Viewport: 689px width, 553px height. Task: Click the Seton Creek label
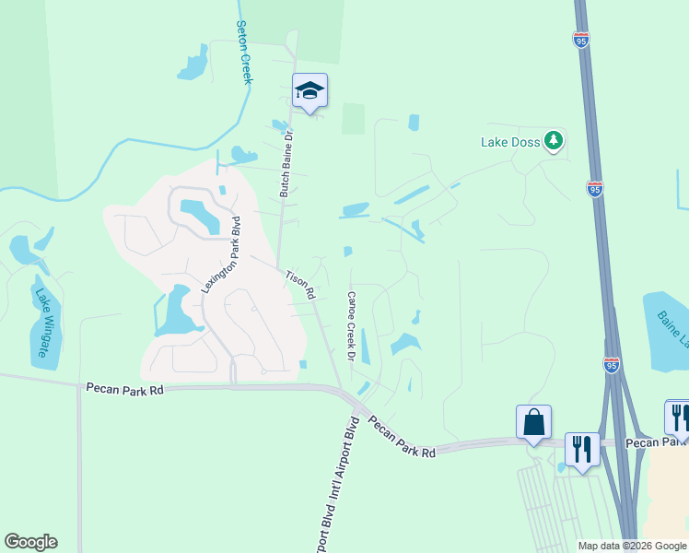(x=244, y=53)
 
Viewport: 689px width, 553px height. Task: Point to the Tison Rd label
(x=300, y=285)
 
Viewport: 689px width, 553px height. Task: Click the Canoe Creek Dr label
(x=351, y=324)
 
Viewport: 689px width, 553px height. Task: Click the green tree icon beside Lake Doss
(x=553, y=140)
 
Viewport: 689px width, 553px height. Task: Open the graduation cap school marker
(x=310, y=90)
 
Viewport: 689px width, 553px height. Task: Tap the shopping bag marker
(x=533, y=423)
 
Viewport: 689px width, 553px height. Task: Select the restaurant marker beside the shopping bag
(x=582, y=450)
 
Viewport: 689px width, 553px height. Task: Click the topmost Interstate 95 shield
(x=580, y=40)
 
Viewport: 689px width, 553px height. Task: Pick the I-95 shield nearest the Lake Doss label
(x=595, y=190)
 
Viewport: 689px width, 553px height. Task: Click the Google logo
(x=30, y=542)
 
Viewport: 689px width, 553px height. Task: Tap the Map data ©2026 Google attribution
(x=632, y=546)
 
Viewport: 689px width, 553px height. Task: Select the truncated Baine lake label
(x=672, y=331)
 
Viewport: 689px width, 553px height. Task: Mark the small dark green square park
(x=354, y=118)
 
